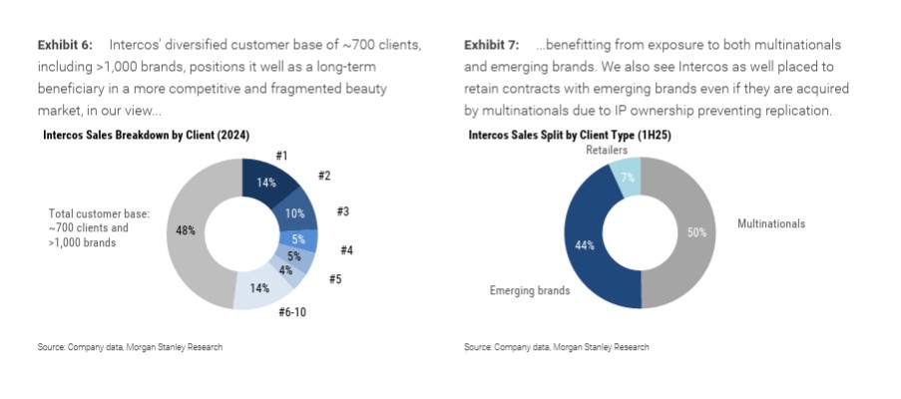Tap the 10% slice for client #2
(294, 212)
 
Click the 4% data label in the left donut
(285, 269)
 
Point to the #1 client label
(282, 155)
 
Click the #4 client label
(346, 249)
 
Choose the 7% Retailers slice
(626, 176)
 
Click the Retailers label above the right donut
(607, 150)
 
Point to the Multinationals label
(770, 223)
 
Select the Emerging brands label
(529, 290)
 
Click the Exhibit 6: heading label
(65, 45)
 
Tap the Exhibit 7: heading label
(492, 45)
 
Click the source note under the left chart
(130, 347)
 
